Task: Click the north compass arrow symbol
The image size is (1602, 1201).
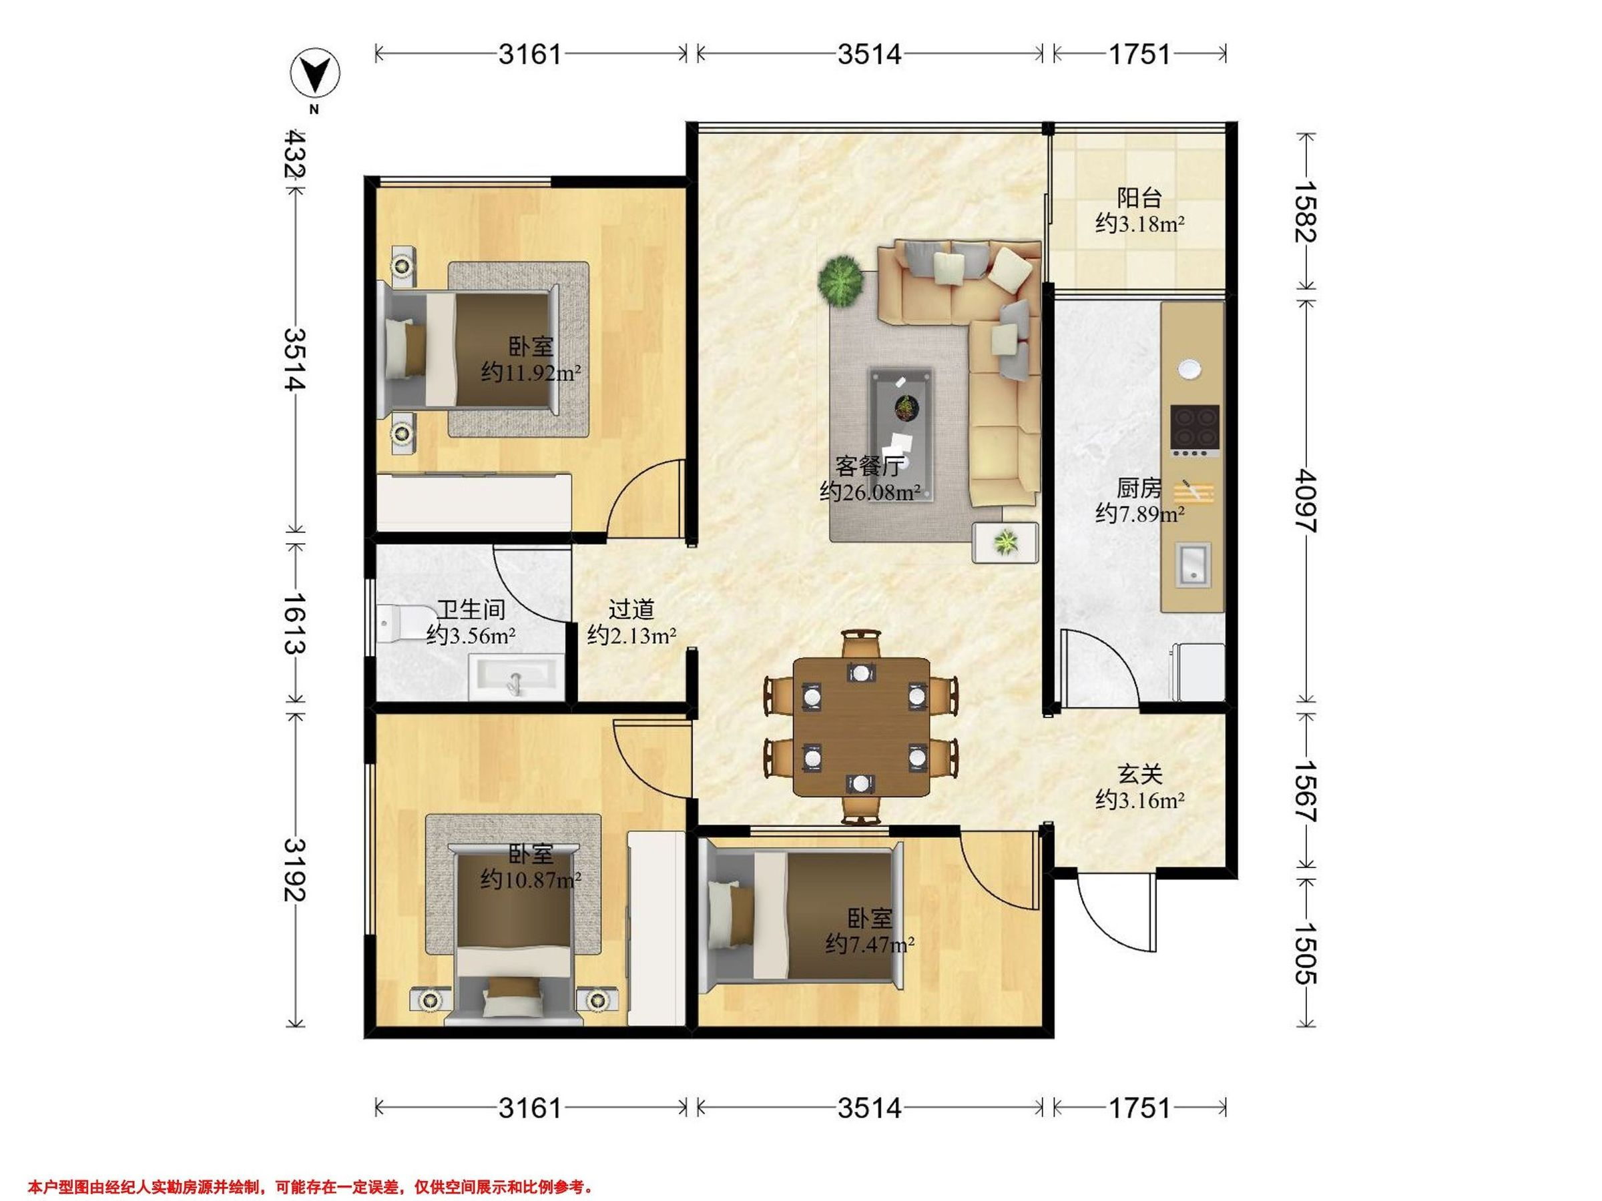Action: click(315, 74)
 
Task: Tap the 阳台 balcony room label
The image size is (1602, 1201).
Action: click(1139, 197)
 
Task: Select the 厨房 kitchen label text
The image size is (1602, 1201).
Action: click(1139, 488)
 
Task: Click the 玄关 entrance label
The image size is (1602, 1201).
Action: click(1139, 775)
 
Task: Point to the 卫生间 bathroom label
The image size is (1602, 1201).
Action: click(471, 610)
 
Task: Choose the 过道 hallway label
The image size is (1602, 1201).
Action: click(631, 610)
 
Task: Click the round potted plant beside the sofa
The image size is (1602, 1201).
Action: click(841, 279)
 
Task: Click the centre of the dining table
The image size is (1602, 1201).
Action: click(861, 727)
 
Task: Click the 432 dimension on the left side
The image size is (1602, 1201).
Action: click(295, 153)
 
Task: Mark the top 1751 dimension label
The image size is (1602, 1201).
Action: click(1139, 54)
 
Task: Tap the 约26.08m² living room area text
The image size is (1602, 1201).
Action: click(870, 492)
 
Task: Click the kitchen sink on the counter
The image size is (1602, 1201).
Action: click(1191, 564)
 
